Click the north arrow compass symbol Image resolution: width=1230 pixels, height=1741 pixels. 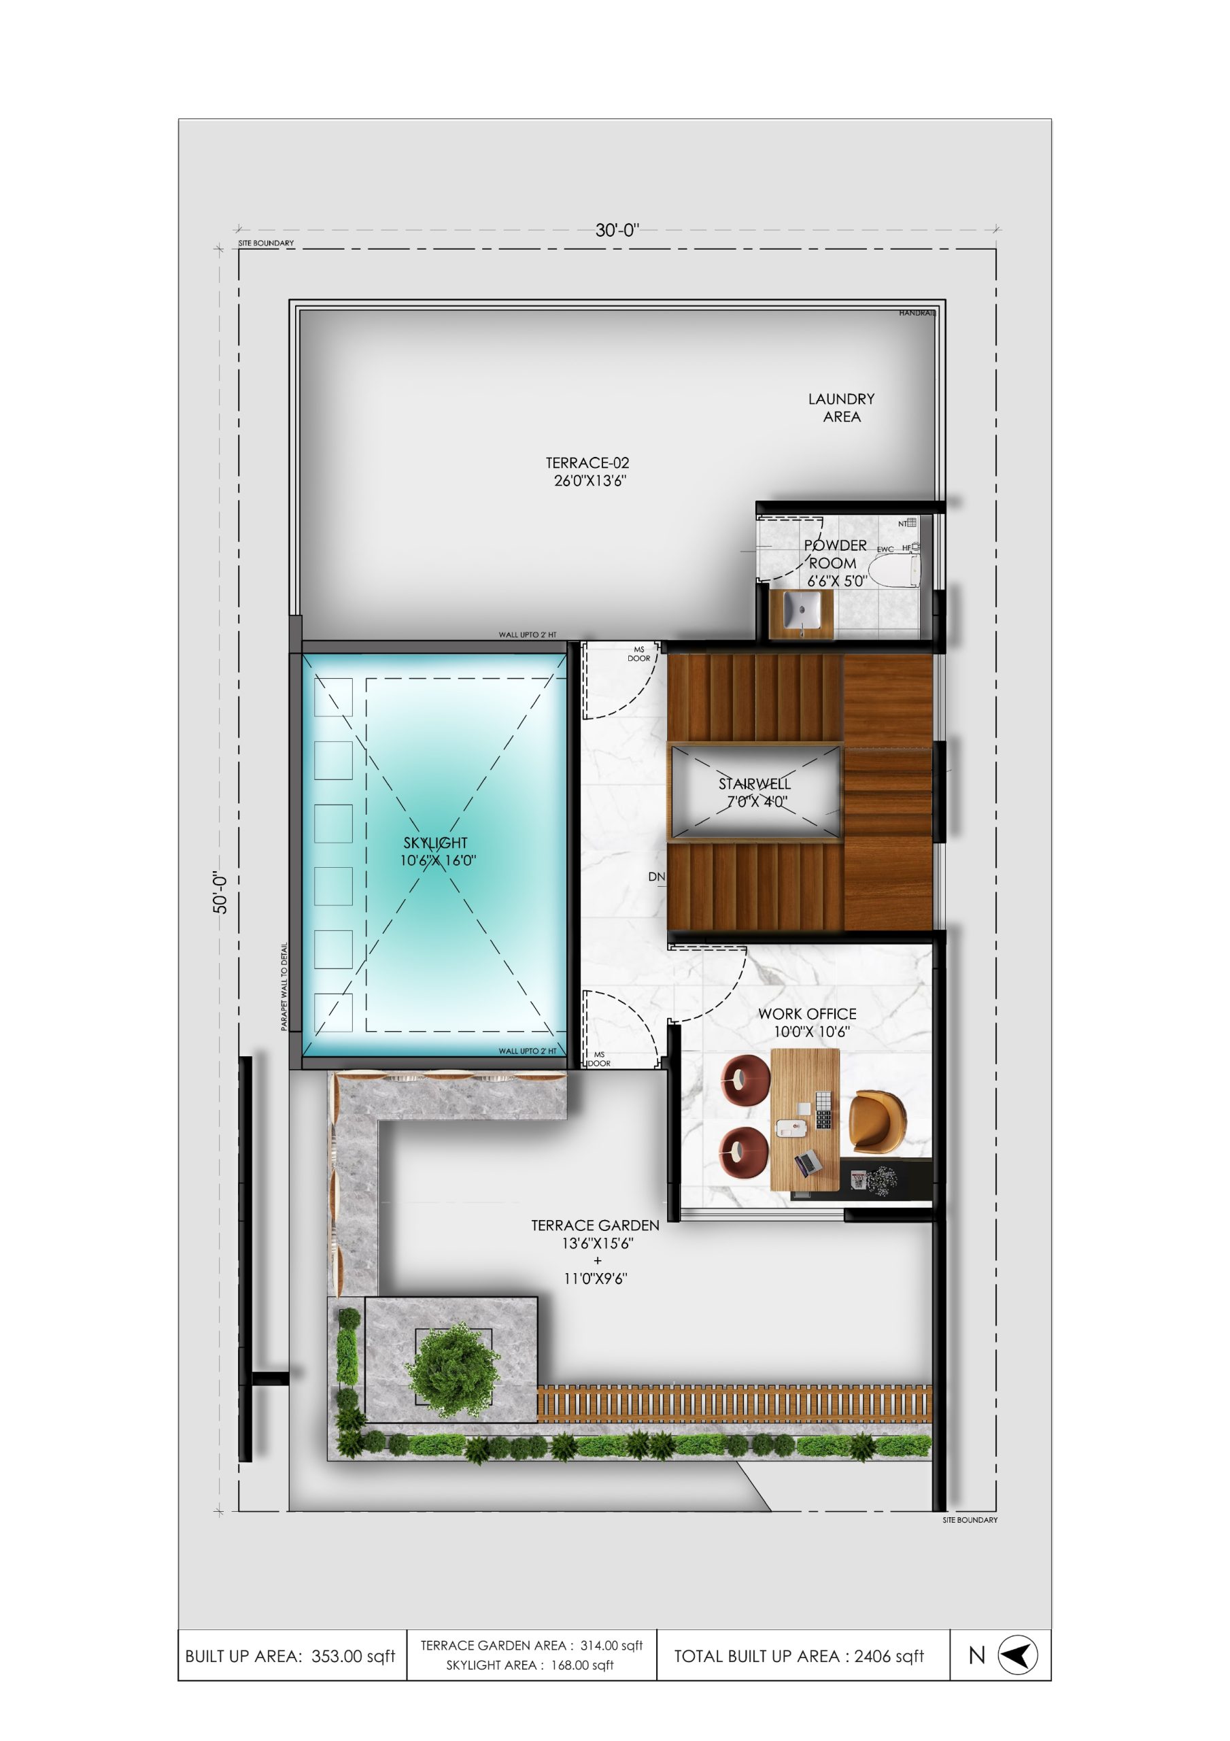pyautogui.click(x=1017, y=1655)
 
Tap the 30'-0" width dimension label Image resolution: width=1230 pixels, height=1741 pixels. pyautogui.click(x=617, y=230)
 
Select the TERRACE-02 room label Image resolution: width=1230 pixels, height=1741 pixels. pyautogui.click(x=587, y=462)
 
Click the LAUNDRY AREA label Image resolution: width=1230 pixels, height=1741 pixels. pyautogui.click(x=841, y=407)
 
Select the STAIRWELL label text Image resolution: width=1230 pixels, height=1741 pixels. pyautogui.click(x=755, y=783)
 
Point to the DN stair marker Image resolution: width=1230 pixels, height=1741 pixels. pyautogui.click(x=657, y=877)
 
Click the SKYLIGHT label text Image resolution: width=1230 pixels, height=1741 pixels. pyautogui.click(x=435, y=843)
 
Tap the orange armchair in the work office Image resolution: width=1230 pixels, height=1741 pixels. pyautogui.click(x=876, y=1121)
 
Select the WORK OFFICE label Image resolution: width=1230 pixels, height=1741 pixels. pyautogui.click(x=807, y=1014)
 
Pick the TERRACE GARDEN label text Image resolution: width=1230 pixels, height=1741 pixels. pyautogui.click(x=596, y=1226)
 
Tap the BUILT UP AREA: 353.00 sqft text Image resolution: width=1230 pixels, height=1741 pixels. pyautogui.click(x=290, y=1656)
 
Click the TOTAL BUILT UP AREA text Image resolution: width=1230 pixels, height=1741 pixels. pyautogui.click(x=800, y=1656)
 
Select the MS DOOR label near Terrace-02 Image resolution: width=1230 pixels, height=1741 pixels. pyautogui.click(x=639, y=654)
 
